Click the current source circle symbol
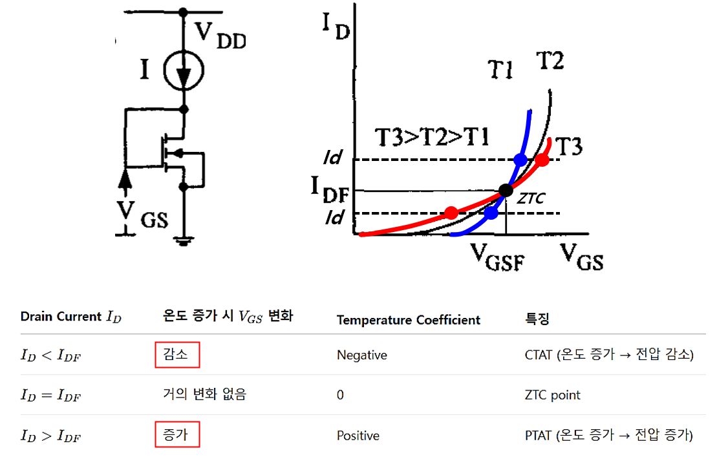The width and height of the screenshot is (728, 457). click(x=184, y=69)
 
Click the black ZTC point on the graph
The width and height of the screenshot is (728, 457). click(x=506, y=190)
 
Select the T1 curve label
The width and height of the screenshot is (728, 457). click(x=500, y=68)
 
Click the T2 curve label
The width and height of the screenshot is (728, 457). click(x=550, y=61)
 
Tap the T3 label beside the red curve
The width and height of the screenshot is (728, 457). click(x=570, y=147)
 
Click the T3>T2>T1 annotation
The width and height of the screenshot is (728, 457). click(x=432, y=138)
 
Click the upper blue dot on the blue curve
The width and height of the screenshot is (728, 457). click(x=520, y=160)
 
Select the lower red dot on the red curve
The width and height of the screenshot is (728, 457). click(x=451, y=213)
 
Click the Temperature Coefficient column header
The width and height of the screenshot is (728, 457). click(x=409, y=320)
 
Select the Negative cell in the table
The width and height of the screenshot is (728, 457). click(x=361, y=355)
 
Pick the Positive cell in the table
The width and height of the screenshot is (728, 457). click(x=358, y=436)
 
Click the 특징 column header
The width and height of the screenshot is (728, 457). click(x=537, y=319)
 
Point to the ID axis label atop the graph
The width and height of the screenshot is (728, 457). click(x=335, y=26)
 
